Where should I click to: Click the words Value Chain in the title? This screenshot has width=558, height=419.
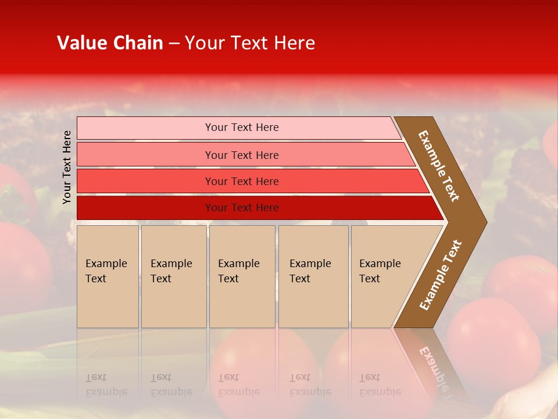(110, 43)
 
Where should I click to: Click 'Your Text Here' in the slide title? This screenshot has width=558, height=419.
(250, 43)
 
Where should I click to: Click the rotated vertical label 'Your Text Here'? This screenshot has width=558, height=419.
(67, 167)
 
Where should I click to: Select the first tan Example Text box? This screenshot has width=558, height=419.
(108, 276)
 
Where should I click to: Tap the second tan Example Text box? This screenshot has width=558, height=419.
(173, 276)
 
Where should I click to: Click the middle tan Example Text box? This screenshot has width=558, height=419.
(242, 276)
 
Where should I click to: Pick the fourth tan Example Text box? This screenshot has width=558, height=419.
(313, 276)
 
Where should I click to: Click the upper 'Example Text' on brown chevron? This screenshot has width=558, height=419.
(439, 166)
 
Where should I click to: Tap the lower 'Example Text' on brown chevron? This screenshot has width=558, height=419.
(441, 275)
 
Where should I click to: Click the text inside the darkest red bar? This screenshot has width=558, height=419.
(242, 208)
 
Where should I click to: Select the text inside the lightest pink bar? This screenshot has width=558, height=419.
(242, 127)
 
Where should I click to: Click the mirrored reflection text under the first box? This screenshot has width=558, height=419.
(106, 385)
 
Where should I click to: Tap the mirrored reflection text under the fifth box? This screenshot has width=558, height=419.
(380, 385)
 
